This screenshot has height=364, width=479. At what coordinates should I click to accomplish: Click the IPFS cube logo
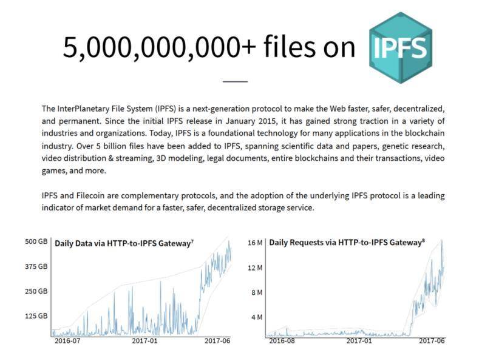(x=401, y=48)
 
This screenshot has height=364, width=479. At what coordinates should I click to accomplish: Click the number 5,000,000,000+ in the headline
(x=160, y=47)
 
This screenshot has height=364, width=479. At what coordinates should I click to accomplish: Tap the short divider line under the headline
(x=235, y=81)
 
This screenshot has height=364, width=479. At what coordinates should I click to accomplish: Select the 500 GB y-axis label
(x=36, y=241)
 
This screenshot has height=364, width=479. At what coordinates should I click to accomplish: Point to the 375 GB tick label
(x=36, y=266)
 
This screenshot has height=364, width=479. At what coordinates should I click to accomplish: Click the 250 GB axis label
(x=36, y=291)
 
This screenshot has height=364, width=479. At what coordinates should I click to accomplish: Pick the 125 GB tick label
(x=36, y=315)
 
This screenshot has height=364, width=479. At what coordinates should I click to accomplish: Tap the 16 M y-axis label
(x=255, y=243)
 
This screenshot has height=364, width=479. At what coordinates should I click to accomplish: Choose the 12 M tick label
(x=255, y=268)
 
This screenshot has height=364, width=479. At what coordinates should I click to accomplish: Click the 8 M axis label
(x=257, y=292)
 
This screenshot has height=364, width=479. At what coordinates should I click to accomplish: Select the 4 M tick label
(x=257, y=317)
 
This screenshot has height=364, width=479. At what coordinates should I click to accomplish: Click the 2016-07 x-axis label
(x=67, y=340)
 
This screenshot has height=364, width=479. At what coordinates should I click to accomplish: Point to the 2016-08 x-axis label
(x=282, y=340)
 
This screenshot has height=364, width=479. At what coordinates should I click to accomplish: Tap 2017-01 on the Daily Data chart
(x=145, y=340)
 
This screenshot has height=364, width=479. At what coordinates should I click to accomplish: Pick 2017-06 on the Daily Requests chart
(x=432, y=340)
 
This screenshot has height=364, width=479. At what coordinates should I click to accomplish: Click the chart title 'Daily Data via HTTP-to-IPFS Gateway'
(x=124, y=243)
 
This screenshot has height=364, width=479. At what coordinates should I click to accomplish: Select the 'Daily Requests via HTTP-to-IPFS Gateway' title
(x=347, y=243)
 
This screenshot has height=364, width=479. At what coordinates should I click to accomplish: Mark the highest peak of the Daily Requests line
(x=442, y=241)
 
